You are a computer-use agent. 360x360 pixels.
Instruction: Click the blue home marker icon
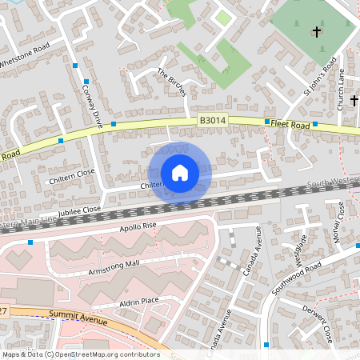(179, 172)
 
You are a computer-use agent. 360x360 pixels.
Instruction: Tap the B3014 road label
(211, 120)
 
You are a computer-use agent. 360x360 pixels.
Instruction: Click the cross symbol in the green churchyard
(317, 33)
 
